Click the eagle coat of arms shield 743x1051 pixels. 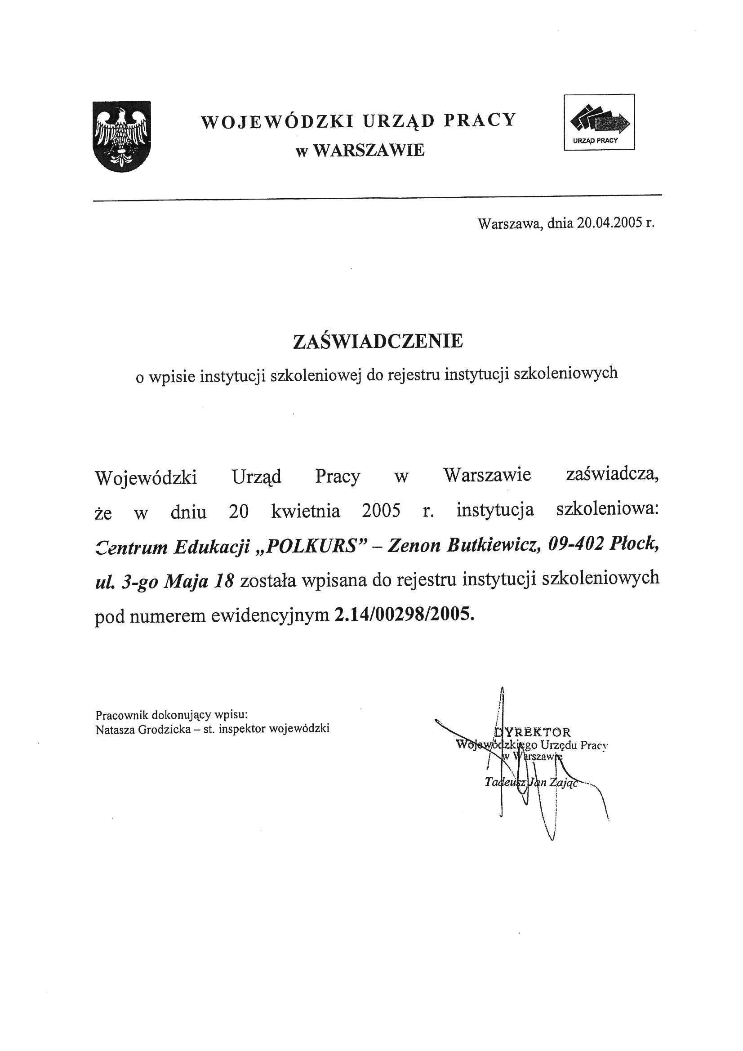point(121,136)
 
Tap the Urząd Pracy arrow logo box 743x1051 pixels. point(599,122)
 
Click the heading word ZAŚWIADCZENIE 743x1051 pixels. point(378,341)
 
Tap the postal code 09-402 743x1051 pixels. point(572,544)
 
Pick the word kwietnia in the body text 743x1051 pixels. point(305,511)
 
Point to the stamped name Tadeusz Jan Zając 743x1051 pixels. point(531,782)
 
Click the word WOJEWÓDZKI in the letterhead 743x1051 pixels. point(277,121)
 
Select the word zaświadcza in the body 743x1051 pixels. point(612,475)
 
